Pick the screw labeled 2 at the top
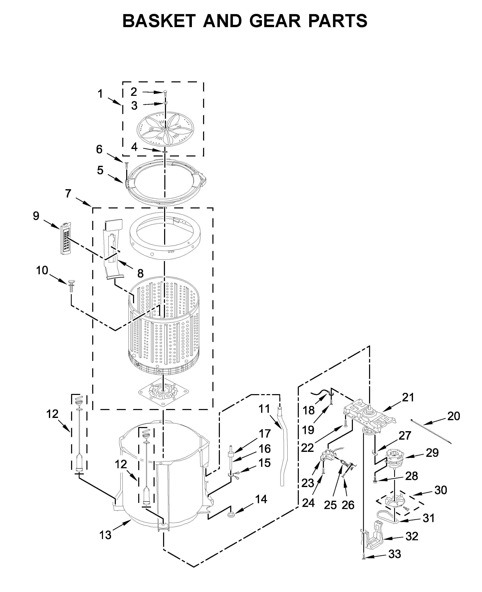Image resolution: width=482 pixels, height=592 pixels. (165, 93)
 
